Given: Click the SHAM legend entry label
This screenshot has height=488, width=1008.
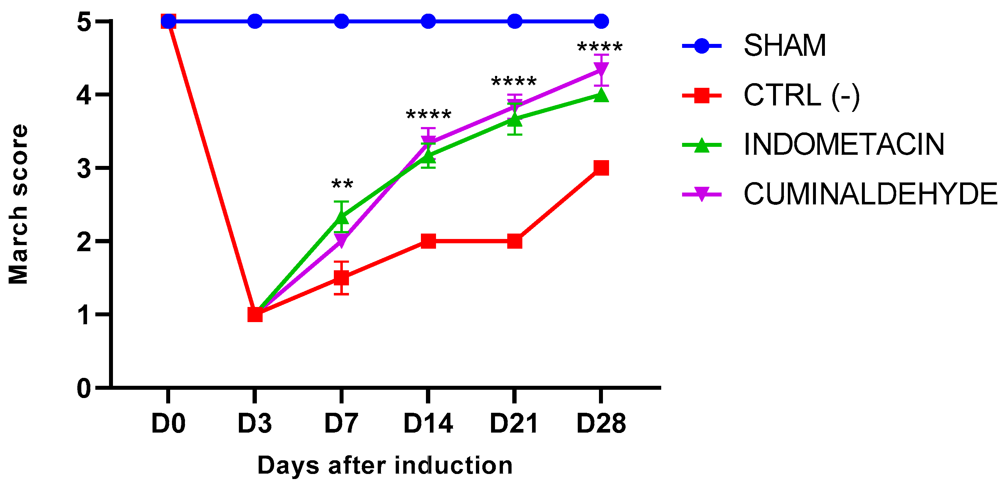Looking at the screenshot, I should click(x=785, y=46).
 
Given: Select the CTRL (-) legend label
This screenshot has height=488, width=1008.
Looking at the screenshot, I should click(x=802, y=95).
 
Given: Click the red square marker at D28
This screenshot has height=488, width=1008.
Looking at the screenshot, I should click(x=601, y=168).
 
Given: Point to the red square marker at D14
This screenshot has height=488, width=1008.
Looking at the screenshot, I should click(x=428, y=241).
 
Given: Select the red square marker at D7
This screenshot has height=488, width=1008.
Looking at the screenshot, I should click(x=342, y=278).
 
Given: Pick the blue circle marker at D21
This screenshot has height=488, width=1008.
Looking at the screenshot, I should click(x=514, y=21).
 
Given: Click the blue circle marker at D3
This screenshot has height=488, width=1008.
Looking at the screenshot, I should click(x=255, y=21).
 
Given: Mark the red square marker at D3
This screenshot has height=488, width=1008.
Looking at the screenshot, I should click(x=255, y=314).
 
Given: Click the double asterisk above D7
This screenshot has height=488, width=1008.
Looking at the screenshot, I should click(x=342, y=184).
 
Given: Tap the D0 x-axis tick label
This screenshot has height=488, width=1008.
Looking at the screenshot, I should click(x=168, y=424).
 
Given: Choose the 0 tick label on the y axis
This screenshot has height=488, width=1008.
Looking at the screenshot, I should click(x=84, y=389).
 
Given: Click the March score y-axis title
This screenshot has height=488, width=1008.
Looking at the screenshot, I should click(x=18, y=204).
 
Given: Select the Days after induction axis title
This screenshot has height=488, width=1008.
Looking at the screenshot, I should click(x=385, y=466).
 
